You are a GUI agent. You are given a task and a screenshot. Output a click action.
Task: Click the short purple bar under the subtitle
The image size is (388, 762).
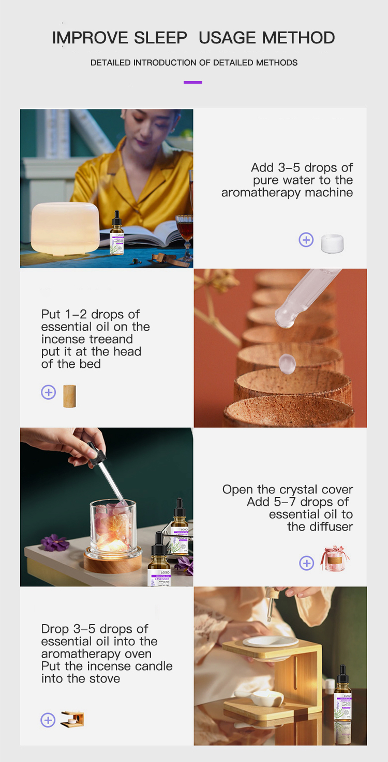tap(193, 82)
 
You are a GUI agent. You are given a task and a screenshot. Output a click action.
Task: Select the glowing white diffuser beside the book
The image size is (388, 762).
tap(66, 227)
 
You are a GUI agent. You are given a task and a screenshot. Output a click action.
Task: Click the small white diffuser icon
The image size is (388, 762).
tap(332, 243)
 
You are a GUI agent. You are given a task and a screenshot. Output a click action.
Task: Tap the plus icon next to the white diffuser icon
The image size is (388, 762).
tap(306, 240)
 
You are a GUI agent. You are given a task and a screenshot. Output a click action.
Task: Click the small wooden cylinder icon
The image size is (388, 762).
tap(69, 396)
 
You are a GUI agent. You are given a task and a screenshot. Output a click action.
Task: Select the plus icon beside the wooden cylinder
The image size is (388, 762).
tap(48, 393)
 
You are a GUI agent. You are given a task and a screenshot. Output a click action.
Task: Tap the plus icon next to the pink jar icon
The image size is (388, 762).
tap(307, 563)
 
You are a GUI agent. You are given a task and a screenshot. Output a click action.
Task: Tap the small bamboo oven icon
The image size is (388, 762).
tap(72, 719)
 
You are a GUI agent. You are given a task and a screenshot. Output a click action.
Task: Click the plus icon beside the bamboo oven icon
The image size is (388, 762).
tap(48, 720)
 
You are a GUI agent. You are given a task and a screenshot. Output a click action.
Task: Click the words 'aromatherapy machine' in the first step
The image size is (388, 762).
tap(287, 193)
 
